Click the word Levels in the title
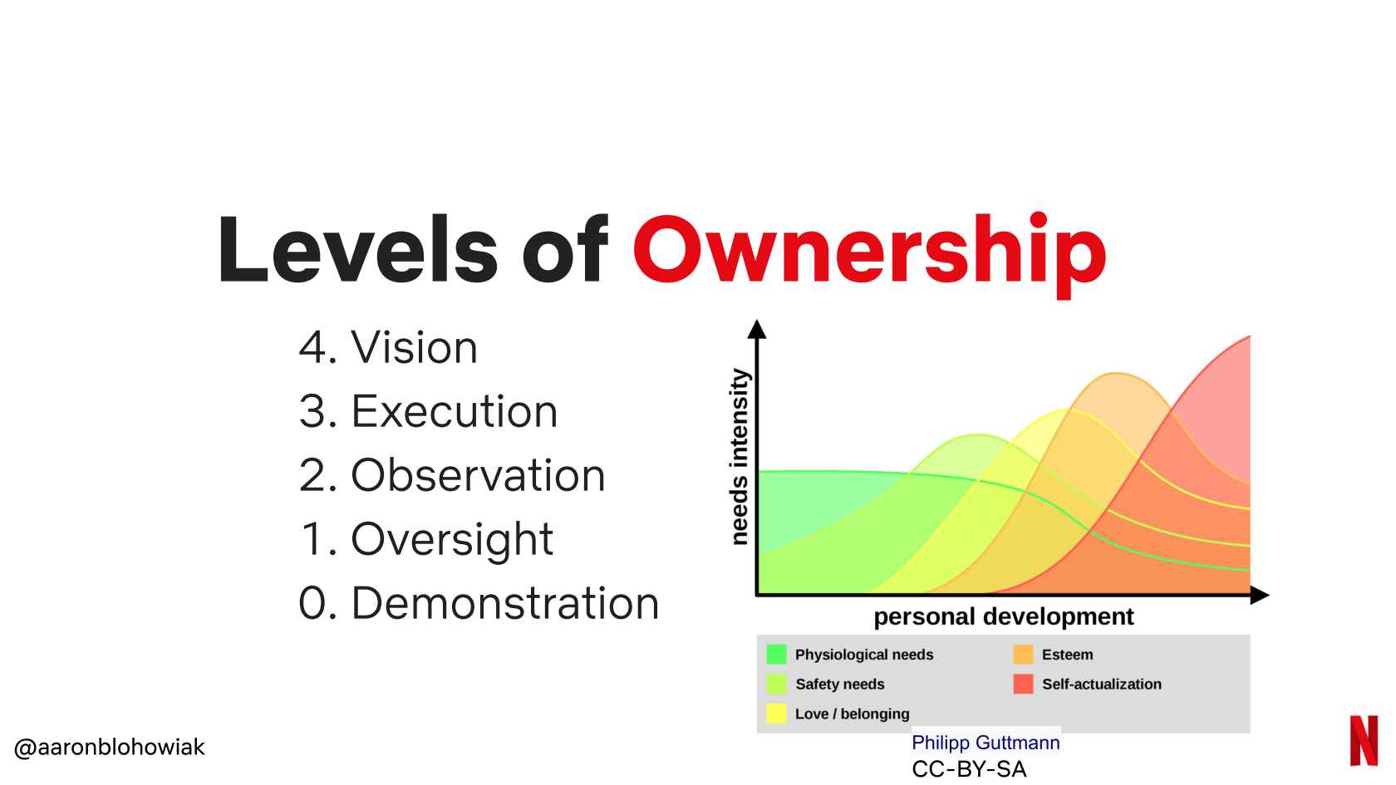point(357,250)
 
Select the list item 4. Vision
point(388,347)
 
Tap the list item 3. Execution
point(428,411)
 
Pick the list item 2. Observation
point(452,475)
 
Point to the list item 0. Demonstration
point(479,603)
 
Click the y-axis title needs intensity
point(740,457)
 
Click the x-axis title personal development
point(1004,616)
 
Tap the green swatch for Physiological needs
point(776,655)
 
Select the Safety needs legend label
point(839,684)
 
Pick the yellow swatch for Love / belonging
point(776,714)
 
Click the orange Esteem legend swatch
point(1023,655)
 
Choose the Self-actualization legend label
point(1102,684)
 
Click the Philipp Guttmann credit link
point(986,743)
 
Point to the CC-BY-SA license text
point(969,769)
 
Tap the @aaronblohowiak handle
point(109,747)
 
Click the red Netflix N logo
point(1364,741)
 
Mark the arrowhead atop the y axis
point(756,329)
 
